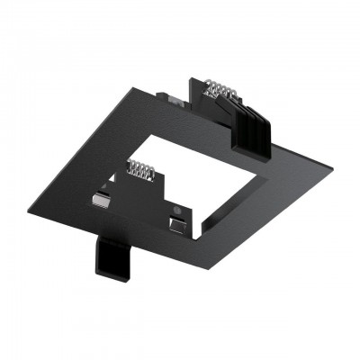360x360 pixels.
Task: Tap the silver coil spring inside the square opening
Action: [x=139, y=169]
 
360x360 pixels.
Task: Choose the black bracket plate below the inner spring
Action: [x=144, y=193]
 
